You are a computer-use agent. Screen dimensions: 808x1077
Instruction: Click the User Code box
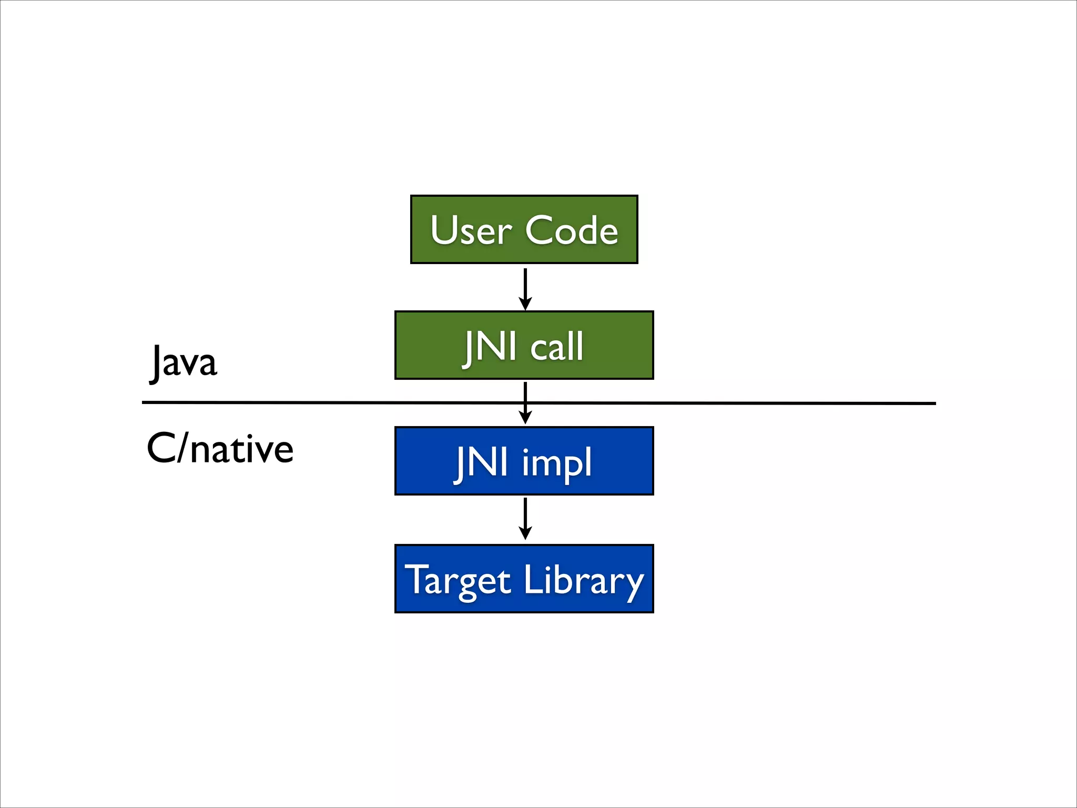tap(524, 229)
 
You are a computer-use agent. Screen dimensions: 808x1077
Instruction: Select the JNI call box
tap(524, 345)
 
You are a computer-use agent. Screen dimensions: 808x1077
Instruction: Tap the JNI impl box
tap(524, 461)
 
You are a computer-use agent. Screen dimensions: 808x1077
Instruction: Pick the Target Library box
tap(524, 579)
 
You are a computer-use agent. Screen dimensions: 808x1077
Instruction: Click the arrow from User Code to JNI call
tap(525, 287)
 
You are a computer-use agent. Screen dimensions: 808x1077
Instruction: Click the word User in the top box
tap(471, 230)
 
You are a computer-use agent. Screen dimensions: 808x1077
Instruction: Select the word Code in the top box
tap(572, 230)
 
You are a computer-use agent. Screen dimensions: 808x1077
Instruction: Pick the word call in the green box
tap(556, 347)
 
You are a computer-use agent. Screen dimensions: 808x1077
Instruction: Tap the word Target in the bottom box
tap(458, 581)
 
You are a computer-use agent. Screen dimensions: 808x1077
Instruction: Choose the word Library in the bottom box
tap(584, 581)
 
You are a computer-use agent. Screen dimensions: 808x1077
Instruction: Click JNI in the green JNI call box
tap(489, 347)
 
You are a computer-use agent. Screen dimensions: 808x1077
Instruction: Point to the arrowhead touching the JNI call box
tap(525, 304)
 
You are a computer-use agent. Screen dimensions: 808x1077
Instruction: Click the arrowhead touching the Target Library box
tap(525, 533)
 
